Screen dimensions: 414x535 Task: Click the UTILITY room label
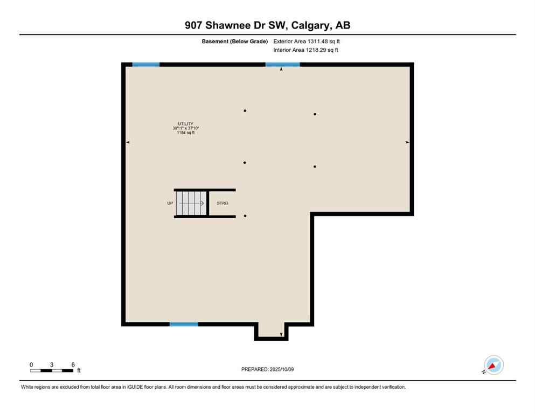pos(186,123)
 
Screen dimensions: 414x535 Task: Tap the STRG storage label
pos(222,203)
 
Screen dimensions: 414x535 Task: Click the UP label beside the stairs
pos(170,203)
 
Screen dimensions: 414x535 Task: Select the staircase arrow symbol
pos(192,203)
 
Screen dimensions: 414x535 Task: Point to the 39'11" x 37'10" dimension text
pos(186,128)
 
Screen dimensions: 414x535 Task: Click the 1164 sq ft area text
pos(186,133)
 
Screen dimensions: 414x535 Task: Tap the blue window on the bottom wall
pos(184,324)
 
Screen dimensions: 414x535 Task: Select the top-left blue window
pos(146,65)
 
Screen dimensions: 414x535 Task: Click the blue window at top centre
pos(282,65)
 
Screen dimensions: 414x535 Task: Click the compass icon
pos(494,365)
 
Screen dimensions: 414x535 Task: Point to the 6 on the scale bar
pos(73,364)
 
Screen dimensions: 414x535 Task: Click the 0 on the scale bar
pos(32,364)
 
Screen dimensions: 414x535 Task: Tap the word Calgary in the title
pos(311,25)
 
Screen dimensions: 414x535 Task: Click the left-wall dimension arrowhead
pos(128,142)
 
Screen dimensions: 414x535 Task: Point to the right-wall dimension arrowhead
pos(407,142)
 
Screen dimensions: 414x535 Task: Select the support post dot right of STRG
pos(245,216)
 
